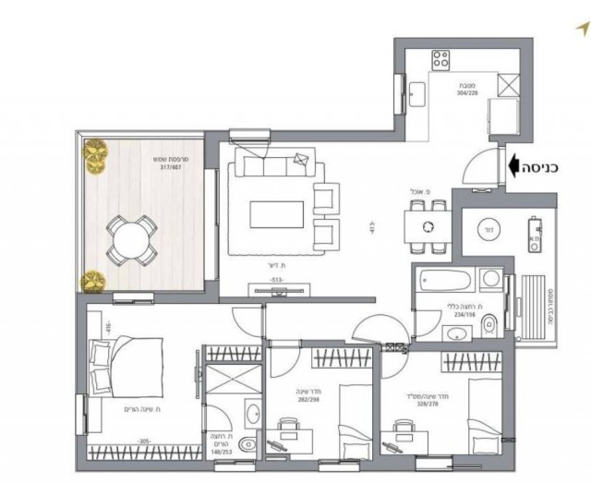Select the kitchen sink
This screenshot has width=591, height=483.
[x=417, y=92]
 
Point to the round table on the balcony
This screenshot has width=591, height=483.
[x=127, y=236]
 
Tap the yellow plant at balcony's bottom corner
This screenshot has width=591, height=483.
[x=93, y=281]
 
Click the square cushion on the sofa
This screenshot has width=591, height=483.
[x=299, y=163]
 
